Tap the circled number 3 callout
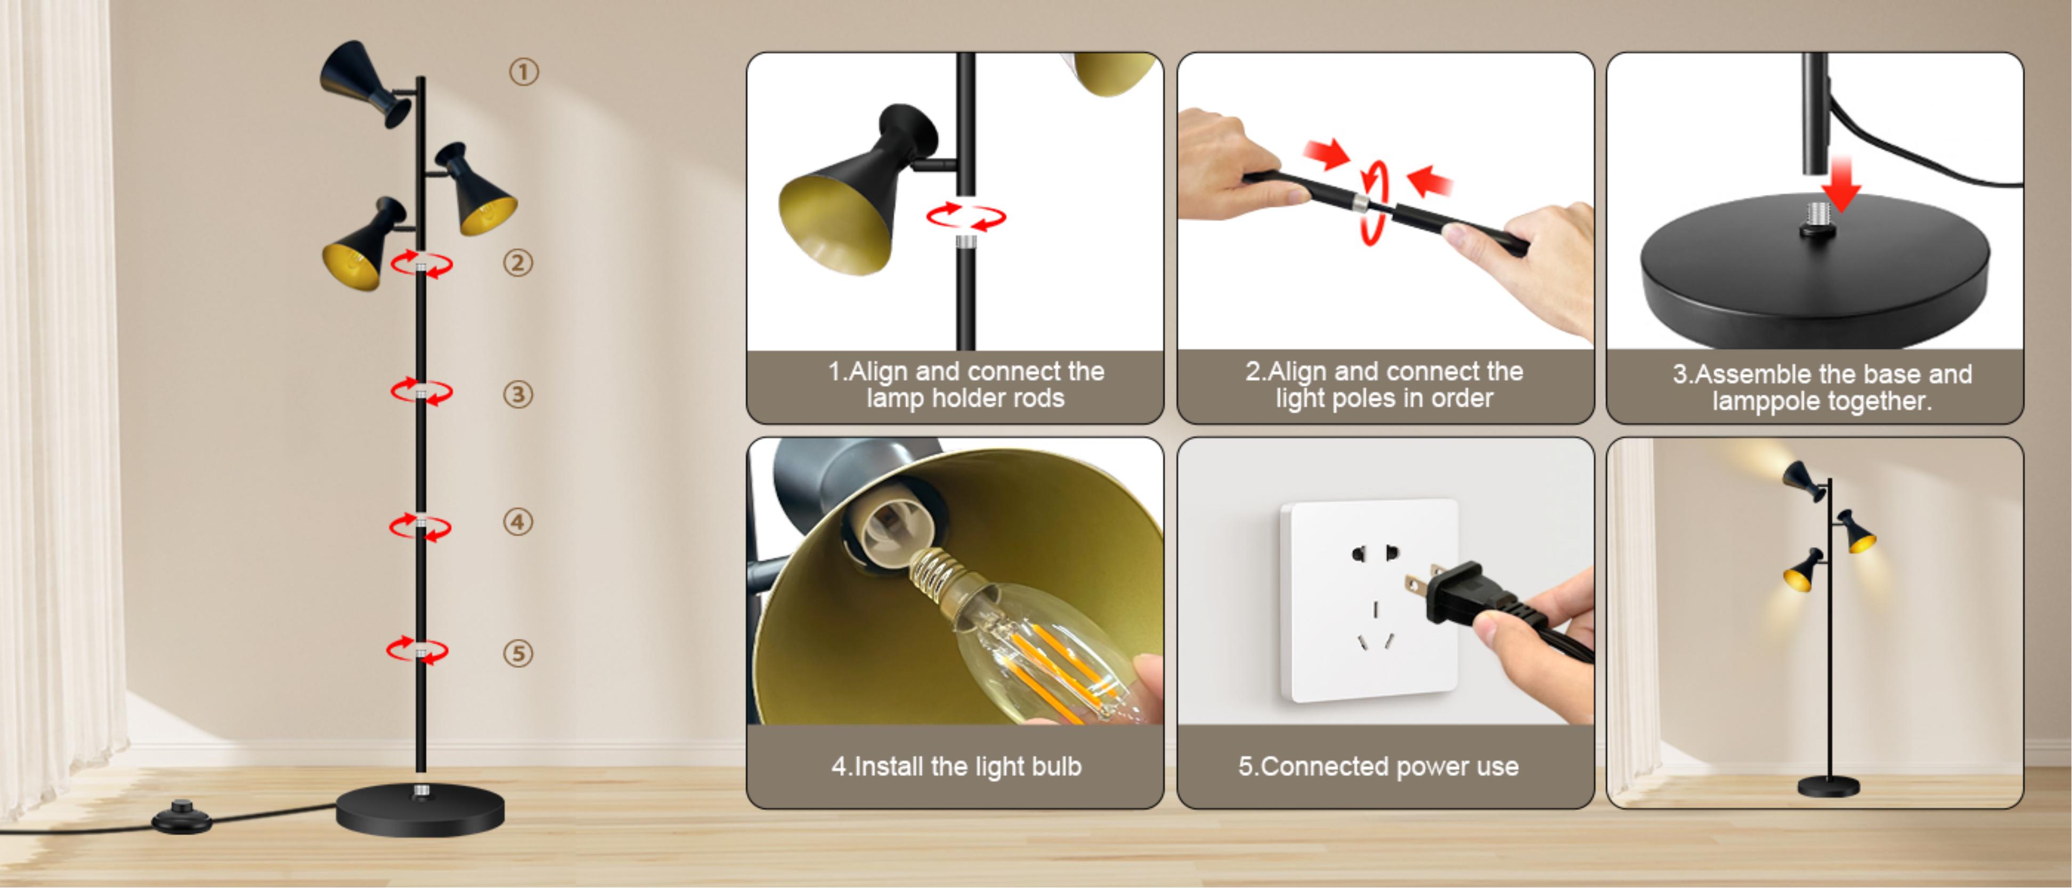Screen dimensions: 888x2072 [518, 394]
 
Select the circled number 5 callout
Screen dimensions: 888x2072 [518, 653]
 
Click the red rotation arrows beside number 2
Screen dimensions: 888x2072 [421, 264]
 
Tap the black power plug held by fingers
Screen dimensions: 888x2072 [1460, 595]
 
